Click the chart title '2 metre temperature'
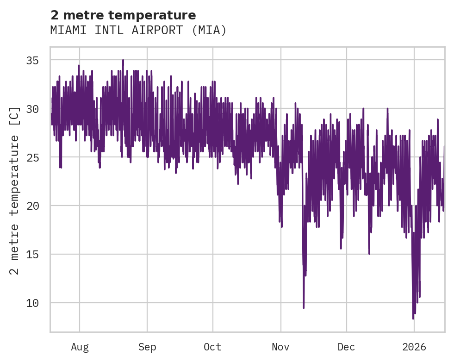(123, 15)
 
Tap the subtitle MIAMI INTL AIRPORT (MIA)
(138, 31)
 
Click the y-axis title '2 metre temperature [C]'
(15, 190)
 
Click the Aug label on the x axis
(80, 347)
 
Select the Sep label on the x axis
(147, 347)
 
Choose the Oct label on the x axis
(212, 347)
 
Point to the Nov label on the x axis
(280, 347)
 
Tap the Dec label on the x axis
(346, 347)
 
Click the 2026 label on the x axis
(414, 347)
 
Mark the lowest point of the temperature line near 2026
(413, 318)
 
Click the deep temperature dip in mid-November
(304, 307)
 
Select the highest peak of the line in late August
(123, 60)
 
